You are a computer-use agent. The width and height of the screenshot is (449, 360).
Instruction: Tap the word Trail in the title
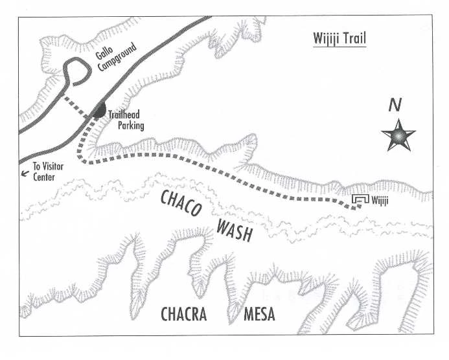354,39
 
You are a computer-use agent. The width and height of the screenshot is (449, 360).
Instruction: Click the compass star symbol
398,135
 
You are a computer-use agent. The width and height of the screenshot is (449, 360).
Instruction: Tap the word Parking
130,126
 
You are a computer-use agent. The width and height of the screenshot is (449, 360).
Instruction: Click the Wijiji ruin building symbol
360,201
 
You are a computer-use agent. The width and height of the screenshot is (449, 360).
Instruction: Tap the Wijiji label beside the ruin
380,201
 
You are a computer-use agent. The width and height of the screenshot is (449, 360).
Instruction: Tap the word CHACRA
183,315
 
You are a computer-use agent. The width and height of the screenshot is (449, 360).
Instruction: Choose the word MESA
259,315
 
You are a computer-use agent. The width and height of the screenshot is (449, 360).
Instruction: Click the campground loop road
73,71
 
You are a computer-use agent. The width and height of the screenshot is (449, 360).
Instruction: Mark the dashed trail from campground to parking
76,107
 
